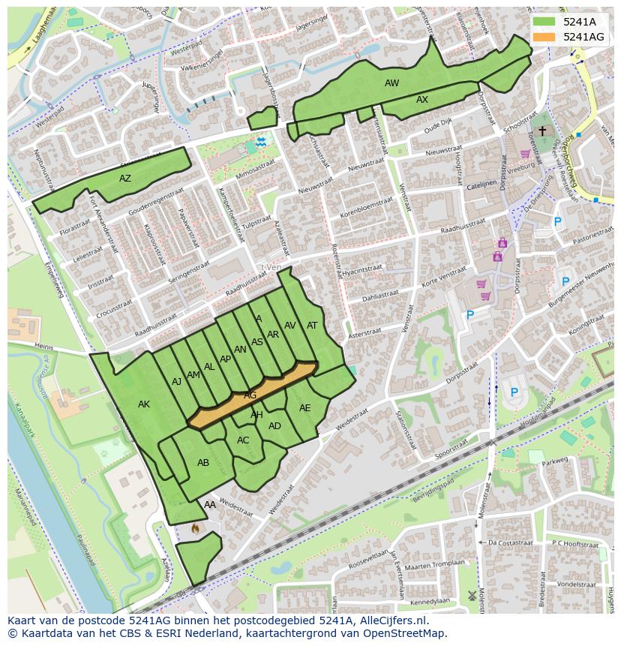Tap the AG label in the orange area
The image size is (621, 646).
point(250,395)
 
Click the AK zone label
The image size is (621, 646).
point(144,404)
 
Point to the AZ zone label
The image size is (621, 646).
point(125,179)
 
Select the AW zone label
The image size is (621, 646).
point(391,83)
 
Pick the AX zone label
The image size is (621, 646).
point(422,100)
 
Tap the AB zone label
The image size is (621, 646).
point(203,463)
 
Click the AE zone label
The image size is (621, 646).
point(304,408)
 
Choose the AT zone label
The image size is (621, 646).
point(312,326)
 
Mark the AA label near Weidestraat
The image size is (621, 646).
point(210,505)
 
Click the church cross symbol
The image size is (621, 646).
point(542,131)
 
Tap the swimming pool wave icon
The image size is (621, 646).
point(260,141)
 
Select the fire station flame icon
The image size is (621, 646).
point(196,529)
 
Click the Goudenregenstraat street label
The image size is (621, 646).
point(155,203)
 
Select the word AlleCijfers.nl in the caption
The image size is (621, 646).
point(391,620)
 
